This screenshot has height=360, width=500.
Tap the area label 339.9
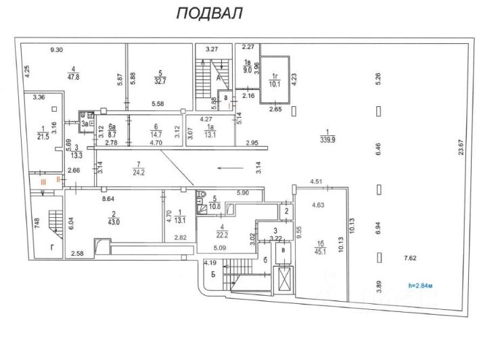[329, 141]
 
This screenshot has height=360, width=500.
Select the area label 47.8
[72, 77]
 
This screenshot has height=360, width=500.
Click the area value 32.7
[160, 80]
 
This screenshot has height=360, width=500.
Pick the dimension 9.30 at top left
[58, 49]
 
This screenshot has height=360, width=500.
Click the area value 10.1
[274, 85]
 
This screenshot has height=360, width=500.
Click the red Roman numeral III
[42, 181]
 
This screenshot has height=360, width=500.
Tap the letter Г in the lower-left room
[52, 248]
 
